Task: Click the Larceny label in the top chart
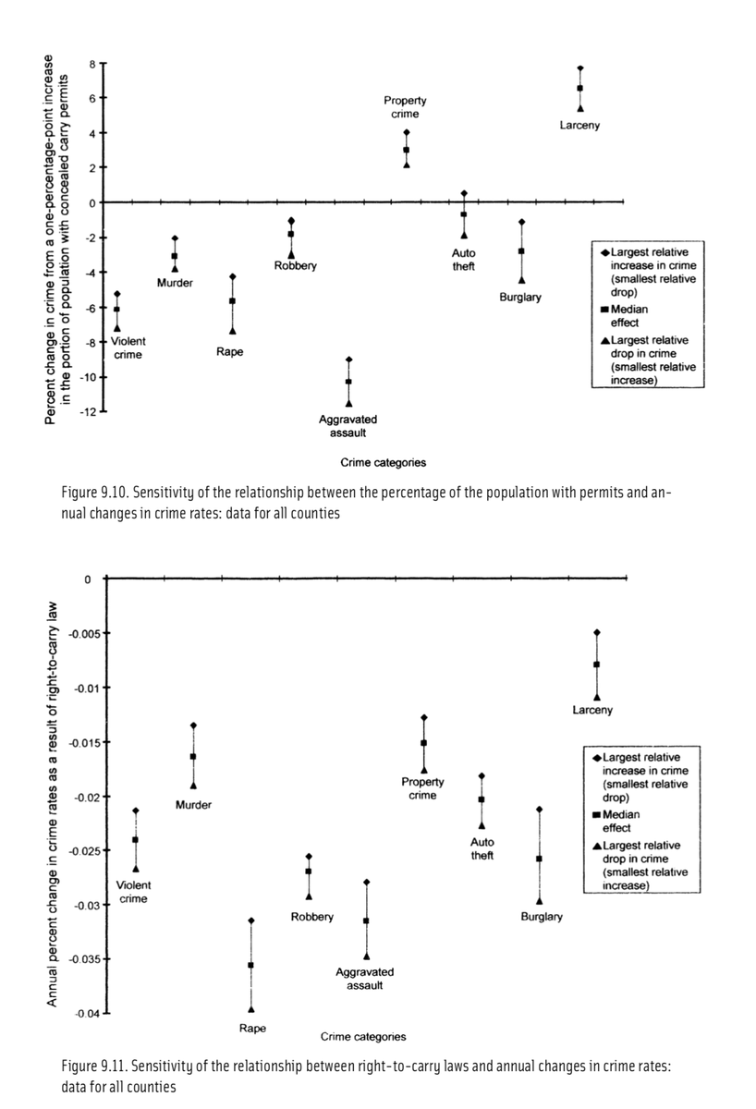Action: pos(579,126)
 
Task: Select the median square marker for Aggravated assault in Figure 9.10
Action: pos(348,382)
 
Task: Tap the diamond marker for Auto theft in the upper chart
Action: pos(464,193)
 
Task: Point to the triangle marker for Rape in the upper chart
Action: pos(233,331)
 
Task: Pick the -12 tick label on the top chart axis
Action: pos(89,411)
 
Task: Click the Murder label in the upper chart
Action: pos(175,283)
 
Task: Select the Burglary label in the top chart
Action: pos(520,297)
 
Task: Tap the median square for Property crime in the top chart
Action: pos(406,150)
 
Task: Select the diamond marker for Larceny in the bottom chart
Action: pos(597,632)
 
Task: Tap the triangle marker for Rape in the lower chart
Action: pos(250,1009)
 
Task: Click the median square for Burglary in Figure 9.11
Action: pos(539,859)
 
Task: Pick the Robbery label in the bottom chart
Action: pos(312,917)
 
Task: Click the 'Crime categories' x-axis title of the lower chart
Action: pos(362,1036)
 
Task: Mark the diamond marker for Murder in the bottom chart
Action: pos(193,725)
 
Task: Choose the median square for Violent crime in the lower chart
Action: pos(135,840)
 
